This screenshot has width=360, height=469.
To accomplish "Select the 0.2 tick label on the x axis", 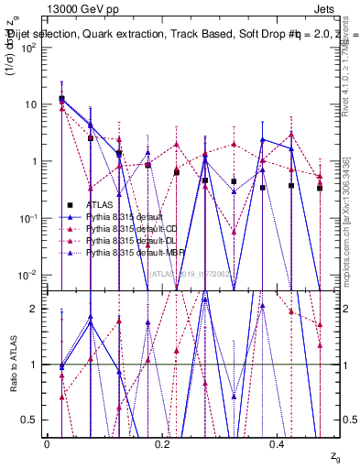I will coord(163,444).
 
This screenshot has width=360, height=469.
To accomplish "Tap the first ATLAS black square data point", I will coord(61,99).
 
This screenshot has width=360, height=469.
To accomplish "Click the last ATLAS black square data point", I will coord(320,188).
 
